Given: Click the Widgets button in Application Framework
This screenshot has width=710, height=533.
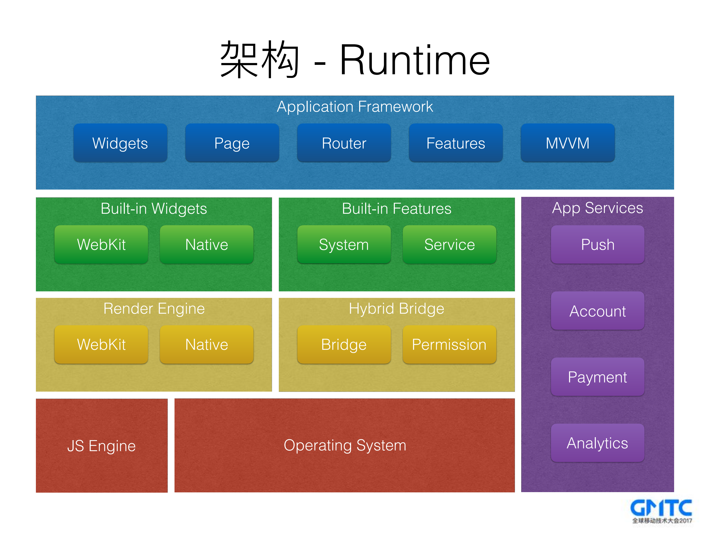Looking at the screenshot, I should click(x=120, y=143).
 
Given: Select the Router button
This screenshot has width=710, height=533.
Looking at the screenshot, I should click(x=344, y=143).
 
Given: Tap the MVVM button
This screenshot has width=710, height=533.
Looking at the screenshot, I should click(x=567, y=143).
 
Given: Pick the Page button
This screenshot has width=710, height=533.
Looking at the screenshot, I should click(x=232, y=143).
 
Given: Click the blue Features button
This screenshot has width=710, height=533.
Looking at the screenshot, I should click(x=455, y=143).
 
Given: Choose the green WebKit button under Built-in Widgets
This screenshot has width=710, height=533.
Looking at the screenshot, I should click(x=101, y=244).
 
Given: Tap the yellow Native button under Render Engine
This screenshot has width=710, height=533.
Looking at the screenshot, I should click(x=206, y=344).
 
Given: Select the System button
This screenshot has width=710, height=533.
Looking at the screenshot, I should click(x=344, y=244).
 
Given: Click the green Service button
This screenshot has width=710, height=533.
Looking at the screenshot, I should click(x=449, y=244).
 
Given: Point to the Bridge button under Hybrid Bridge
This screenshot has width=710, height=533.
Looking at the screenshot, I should click(x=344, y=344).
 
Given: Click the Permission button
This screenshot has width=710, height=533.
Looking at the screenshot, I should click(x=449, y=344).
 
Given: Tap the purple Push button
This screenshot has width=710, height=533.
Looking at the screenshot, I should click(x=597, y=244).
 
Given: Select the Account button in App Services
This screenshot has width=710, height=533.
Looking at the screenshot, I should click(x=597, y=311).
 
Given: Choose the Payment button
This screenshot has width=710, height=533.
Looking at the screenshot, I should click(x=597, y=377).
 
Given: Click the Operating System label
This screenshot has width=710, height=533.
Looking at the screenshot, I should click(x=345, y=445).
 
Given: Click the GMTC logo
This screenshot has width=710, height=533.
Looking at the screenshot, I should click(x=661, y=511).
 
